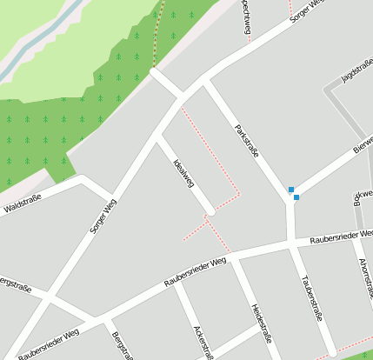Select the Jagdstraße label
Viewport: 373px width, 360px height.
point(356,75)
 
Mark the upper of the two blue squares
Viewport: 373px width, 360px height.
point(290,190)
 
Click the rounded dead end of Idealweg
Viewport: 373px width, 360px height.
point(210,211)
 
